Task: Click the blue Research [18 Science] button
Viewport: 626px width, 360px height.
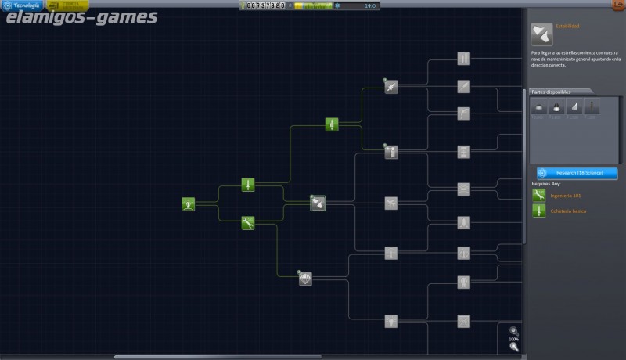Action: pos(577,172)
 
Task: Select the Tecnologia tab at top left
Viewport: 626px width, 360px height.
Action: pos(22,5)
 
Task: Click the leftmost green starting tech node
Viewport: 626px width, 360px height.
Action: pos(189,203)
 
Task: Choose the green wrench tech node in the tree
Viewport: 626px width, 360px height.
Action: pos(247,223)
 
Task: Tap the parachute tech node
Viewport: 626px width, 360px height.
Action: pos(305,278)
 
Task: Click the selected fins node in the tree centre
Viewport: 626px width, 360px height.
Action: pos(317,203)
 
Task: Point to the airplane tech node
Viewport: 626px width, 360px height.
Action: pos(390,203)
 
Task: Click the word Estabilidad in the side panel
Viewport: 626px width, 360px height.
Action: pos(568,27)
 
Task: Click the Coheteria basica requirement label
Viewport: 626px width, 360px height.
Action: pos(568,211)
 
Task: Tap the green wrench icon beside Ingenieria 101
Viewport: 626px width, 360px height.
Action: pos(538,195)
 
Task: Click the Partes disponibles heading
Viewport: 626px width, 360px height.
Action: pos(552,92)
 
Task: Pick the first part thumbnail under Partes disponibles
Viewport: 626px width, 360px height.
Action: pos(538,108)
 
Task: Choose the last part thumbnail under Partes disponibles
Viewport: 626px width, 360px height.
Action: pos(592,108)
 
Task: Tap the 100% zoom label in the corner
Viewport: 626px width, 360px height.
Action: pos(513,338)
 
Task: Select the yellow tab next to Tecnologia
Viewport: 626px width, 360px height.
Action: pos(67,5)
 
